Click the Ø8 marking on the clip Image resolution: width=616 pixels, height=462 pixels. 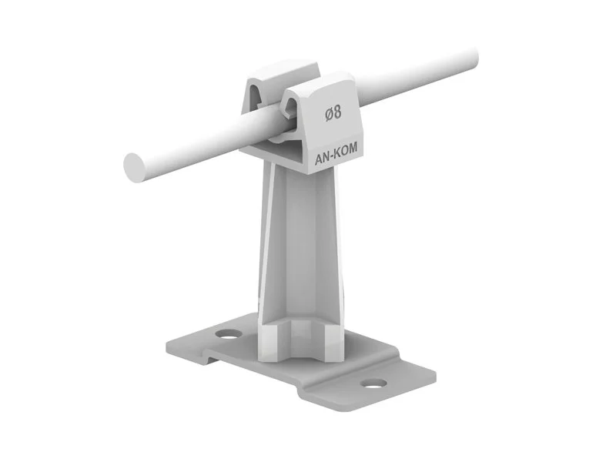coord(333,113)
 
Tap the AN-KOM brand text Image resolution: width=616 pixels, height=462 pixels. coord(336,154)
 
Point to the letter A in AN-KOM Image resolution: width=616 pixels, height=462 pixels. coord(318,160)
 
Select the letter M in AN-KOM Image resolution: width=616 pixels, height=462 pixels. coord(353,148)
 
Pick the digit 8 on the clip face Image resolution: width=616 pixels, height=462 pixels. coord(337,112)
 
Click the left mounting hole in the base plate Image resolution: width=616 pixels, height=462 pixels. coord(229,335)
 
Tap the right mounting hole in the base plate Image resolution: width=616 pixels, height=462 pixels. coord(373,383)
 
